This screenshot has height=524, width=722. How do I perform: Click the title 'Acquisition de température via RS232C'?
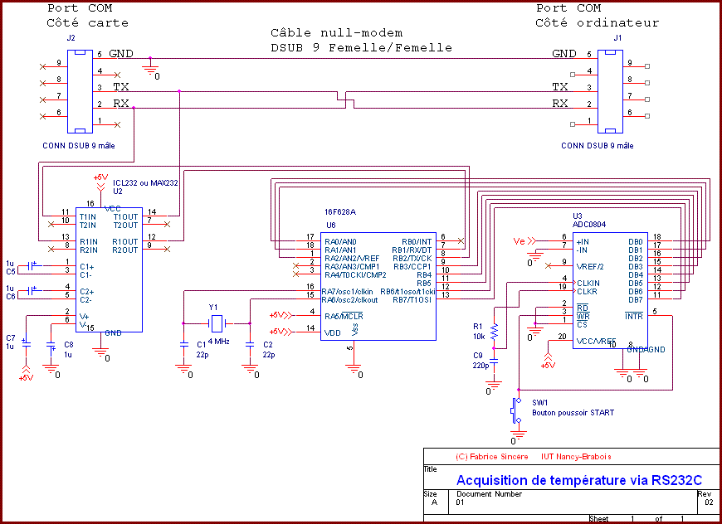(578, 480)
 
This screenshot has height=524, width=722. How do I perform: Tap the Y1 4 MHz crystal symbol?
(216, 323)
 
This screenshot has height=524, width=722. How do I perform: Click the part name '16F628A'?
(339, 212)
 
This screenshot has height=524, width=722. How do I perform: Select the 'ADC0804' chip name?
(589, 223)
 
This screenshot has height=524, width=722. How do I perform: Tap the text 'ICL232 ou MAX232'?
(146, 182)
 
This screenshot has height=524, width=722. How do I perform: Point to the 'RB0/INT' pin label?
(417, 241)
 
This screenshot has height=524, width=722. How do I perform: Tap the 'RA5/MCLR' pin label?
(344, 316)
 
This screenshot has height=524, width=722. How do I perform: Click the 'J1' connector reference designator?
(617, 38)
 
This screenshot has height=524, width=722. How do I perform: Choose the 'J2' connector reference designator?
(70, 38)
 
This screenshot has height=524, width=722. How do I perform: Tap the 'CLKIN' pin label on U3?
(587, 283)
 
